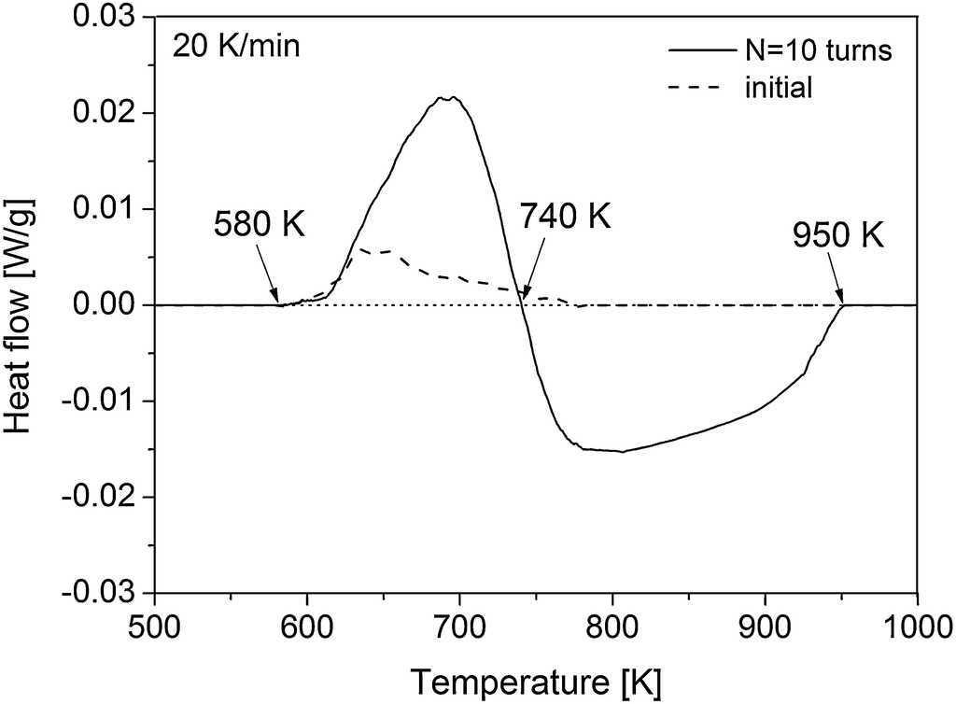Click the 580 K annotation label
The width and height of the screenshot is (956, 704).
(x=259, y=226)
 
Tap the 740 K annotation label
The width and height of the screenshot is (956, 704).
(x=567, y=218)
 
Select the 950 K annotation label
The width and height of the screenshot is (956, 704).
(x=837, y=234)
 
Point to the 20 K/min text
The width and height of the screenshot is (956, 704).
(x=236, y=45)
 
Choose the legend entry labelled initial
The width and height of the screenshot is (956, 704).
(x=780, y=88)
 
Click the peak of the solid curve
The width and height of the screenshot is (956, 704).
(x=452, y=96)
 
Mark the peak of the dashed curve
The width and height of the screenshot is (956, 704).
(x=361, y=248)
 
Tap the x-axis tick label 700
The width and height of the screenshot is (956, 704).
(x=459, y=623)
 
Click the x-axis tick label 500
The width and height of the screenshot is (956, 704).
(x=155, y=623)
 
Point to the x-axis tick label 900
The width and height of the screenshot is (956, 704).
(x=765, y=623)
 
